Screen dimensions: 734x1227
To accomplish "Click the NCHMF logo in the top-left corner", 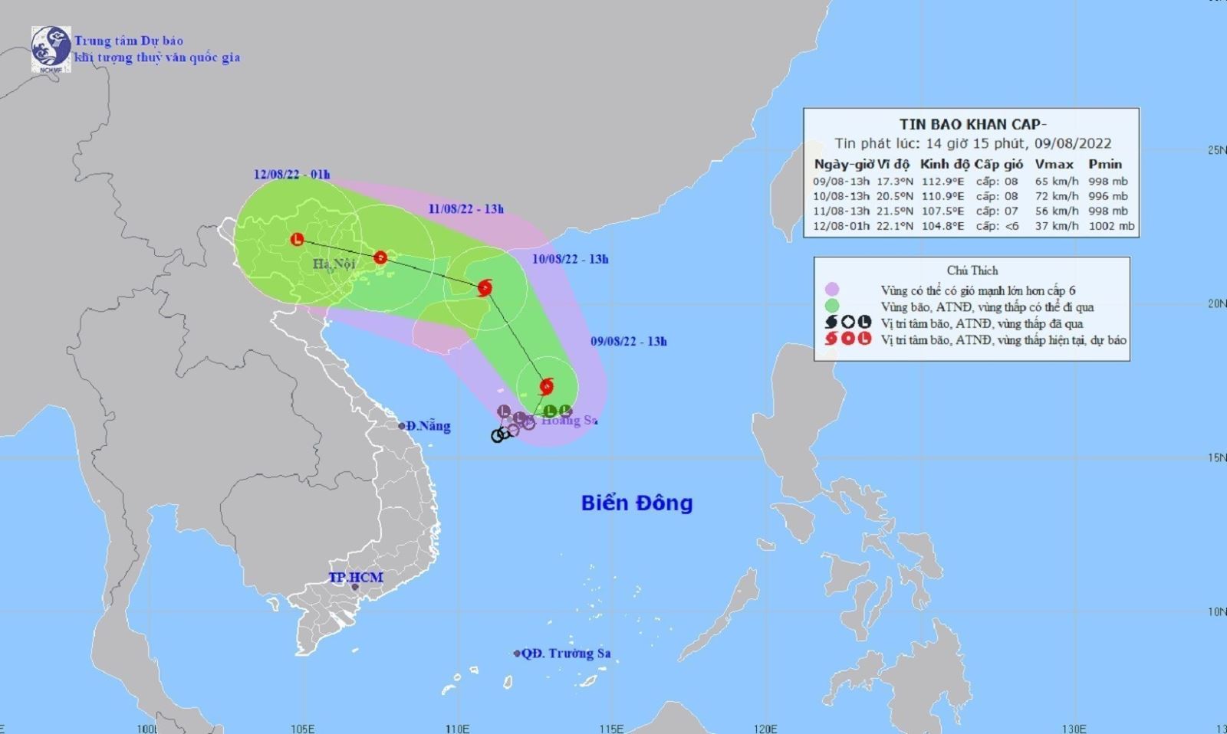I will tap(51, 49).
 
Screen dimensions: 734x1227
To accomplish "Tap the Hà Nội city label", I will tap(334, 264).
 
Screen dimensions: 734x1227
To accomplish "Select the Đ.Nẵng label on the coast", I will tap(428, 426).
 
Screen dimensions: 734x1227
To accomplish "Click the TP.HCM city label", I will tap(356, 578).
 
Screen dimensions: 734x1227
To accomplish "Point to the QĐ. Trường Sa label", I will tap(565, 654).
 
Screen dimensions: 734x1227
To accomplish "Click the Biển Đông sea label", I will tap(637, 503).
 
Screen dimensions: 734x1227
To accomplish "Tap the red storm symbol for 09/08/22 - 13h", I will tap(546, 387).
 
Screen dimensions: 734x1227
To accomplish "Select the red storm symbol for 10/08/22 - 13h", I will tap(485, 288).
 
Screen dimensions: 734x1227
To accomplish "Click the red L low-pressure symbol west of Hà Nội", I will tap(297, 240).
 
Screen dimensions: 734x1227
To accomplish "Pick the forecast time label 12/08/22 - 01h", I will tap(291, 175).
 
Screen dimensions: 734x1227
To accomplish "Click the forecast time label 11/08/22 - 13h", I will tap(465, 209).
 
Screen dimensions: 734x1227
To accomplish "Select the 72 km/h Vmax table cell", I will tap(1056, 196).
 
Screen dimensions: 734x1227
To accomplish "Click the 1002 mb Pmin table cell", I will tap(1110, 226).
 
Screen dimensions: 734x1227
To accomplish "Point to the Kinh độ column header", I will tap(945, 164).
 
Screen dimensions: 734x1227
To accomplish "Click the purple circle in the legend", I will tap(832, 290).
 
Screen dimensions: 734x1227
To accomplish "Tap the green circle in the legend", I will tap(832, 306).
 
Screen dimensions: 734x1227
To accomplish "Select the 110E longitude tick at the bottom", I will tap(457, 728).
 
